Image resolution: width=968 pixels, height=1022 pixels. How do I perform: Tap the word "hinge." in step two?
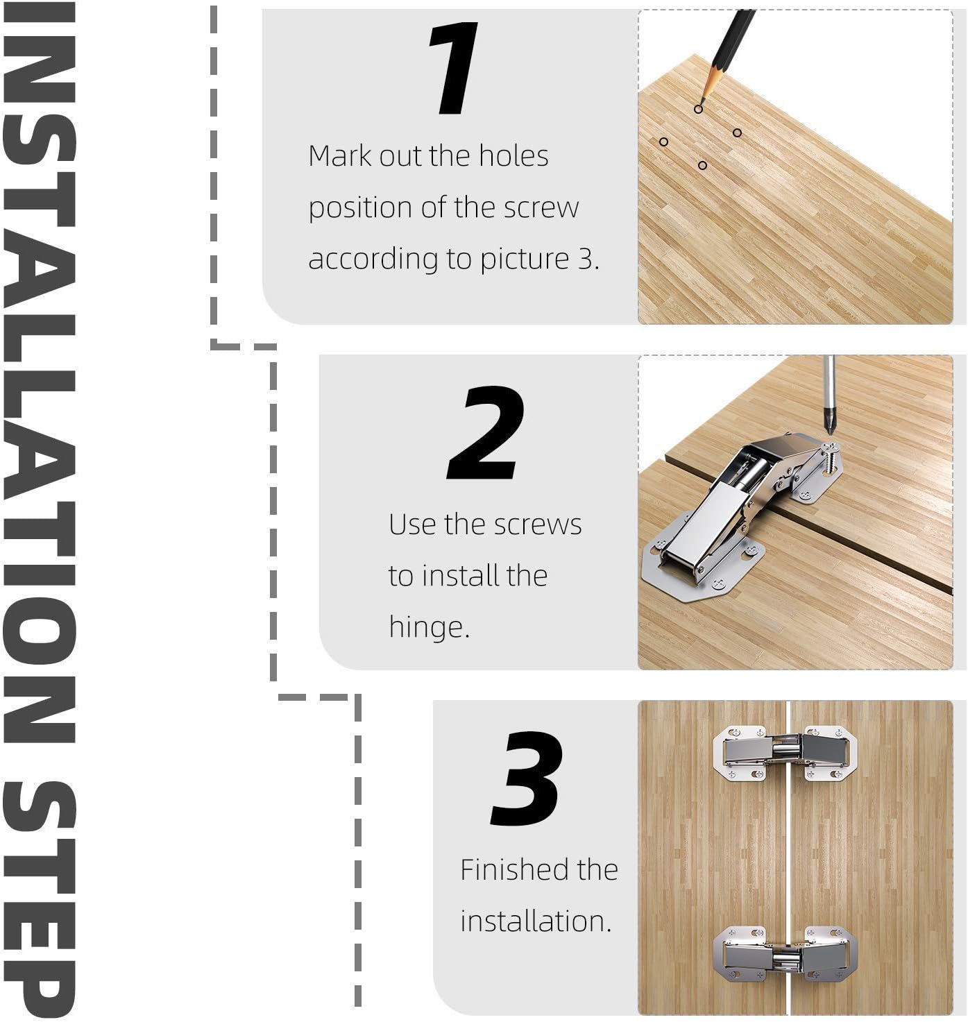430,627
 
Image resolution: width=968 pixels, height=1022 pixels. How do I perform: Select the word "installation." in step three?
536,921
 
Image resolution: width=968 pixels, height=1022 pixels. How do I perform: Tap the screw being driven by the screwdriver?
831,457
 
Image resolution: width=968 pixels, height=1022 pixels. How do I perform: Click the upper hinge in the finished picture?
785,753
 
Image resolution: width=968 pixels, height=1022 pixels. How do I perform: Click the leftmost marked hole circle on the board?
663,142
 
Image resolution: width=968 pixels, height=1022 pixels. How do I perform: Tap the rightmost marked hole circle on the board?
737,133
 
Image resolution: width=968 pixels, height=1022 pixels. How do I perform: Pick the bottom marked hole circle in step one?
702,165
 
